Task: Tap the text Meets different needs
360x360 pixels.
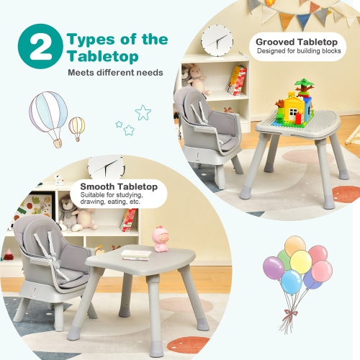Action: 115,73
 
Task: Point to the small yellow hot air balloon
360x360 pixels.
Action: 77,127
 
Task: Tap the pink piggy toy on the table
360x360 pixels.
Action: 161,238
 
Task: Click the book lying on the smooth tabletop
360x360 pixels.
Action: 136,253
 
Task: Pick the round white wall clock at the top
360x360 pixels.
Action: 217,40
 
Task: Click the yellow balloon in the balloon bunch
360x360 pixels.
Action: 300,261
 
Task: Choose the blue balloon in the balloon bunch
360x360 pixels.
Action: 291,281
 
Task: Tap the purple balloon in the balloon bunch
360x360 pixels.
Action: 274,268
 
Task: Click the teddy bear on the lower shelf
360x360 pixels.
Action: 68,212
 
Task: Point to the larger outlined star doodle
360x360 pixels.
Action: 143,112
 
